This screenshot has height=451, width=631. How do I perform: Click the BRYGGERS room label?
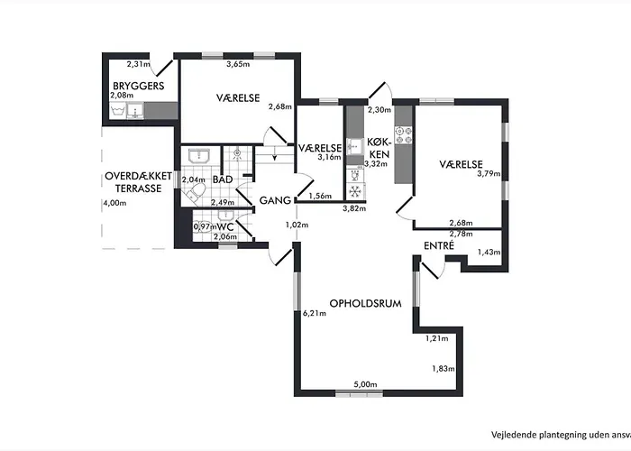pyautogui.click(x=139, y=86)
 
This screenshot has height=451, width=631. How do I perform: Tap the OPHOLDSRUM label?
pyautogui.click(x=365, y=303)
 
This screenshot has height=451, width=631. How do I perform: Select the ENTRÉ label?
pyautogui.click(x=439, y=245)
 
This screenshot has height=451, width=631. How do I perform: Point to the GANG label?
pyautogui.click(x=275, y=200)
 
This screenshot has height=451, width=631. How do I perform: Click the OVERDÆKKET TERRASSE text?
pyautogui.click(x=139, y=182)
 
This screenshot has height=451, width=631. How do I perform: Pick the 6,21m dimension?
pyautogui.click(x=315, y=313)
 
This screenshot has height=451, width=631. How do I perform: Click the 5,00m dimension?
pyautogui.click(x=365, y=384)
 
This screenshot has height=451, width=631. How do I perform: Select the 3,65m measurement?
pyautogui.click(x=238, y=64)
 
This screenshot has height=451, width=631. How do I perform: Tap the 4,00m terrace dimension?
pyautogui.click(x=114, y=203)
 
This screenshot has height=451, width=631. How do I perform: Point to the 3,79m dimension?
pyautogui.click(x=489, y=173)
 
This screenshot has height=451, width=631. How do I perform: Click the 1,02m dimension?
pyautogui.click(x=297, y=225)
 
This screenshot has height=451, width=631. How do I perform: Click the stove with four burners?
pyautogui.click(x=403, y=135)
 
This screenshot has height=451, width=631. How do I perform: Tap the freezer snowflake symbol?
pyautogui.click(x=354, y=191)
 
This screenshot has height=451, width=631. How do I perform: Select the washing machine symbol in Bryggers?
pyautogui.click(x=118, y=110)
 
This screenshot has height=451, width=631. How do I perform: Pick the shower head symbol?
pyautogui.click(x=237, y=153)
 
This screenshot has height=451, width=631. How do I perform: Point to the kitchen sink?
pyautogui.click(x=354, y=145)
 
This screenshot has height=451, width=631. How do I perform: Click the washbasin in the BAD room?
pyautogui.click(x=199, y=155)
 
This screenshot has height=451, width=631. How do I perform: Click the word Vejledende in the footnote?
pyautogui.click(x=510, y=435)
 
